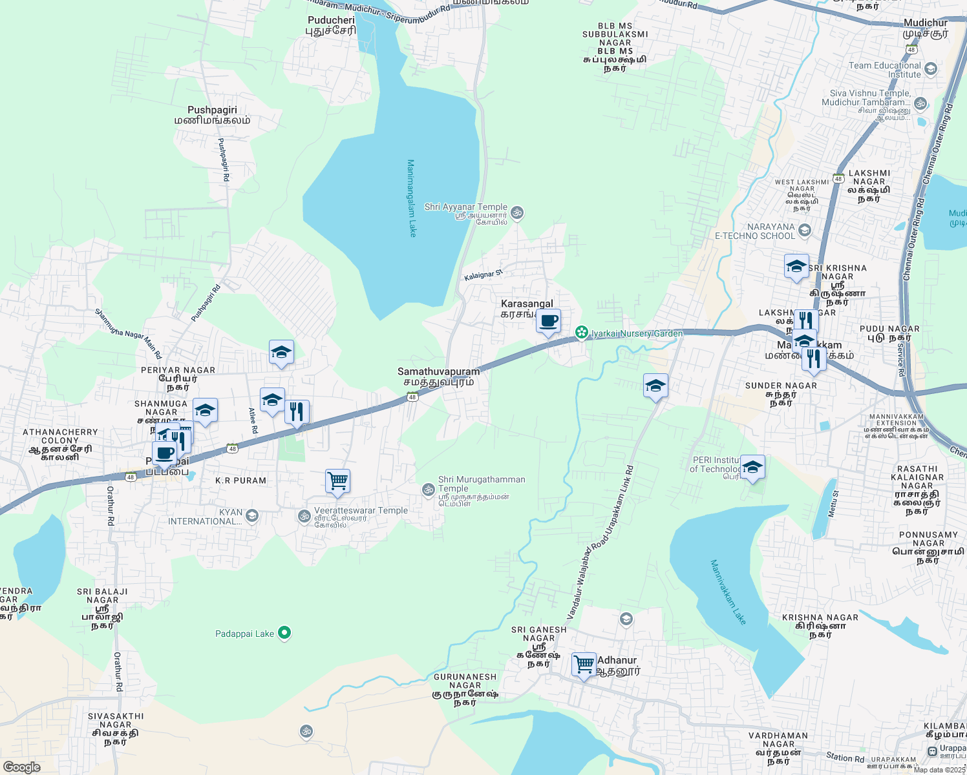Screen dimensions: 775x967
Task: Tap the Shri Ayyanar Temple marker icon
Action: point(517,212)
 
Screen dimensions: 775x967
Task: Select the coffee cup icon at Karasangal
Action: point(548,320)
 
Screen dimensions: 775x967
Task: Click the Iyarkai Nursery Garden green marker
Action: point(582,333)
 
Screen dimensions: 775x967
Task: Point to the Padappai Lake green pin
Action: point(284,633)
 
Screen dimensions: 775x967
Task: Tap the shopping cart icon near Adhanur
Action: point(584,663)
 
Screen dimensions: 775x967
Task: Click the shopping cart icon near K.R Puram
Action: point(337,480)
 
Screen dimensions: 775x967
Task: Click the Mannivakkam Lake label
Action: point(728,592)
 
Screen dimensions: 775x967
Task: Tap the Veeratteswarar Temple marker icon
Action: point(304,515)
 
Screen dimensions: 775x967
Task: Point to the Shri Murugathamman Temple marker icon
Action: point(428,490)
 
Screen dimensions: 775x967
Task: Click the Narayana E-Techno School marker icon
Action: point(805,230)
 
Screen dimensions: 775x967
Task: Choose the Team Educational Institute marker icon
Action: point(931,68)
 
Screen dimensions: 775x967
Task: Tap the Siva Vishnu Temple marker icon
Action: point(920,103)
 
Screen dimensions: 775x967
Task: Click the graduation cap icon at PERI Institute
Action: point(752,468)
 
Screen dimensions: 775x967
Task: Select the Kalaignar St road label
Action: point(483,276)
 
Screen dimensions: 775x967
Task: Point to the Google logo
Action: point(21,767)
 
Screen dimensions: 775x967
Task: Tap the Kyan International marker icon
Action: point(252,515)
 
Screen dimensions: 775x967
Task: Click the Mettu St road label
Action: point(833,504)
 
